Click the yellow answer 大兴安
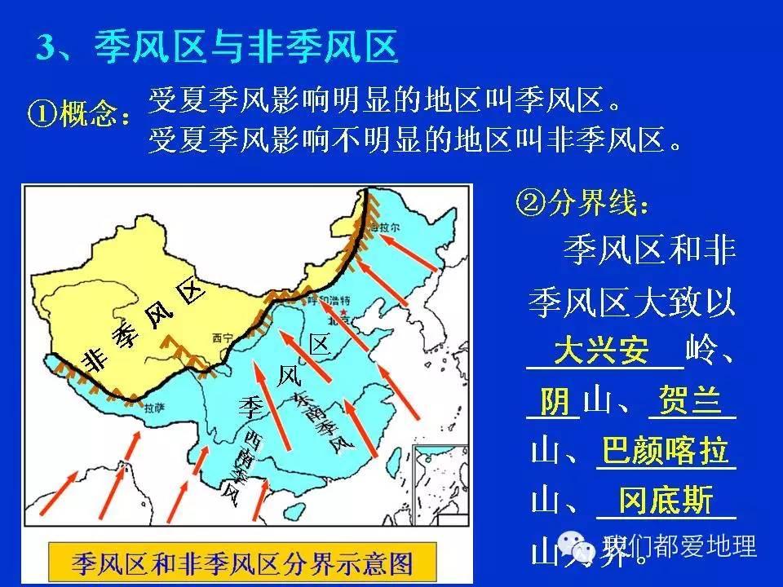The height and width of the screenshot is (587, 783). tap(602, 352)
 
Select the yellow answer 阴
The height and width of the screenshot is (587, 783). tap(555, 402)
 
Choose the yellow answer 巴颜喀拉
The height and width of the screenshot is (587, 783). tap(665, 451)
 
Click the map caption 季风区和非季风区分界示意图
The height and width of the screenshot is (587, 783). tap(243, 562)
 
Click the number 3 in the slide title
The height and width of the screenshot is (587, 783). tap(47, 47)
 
